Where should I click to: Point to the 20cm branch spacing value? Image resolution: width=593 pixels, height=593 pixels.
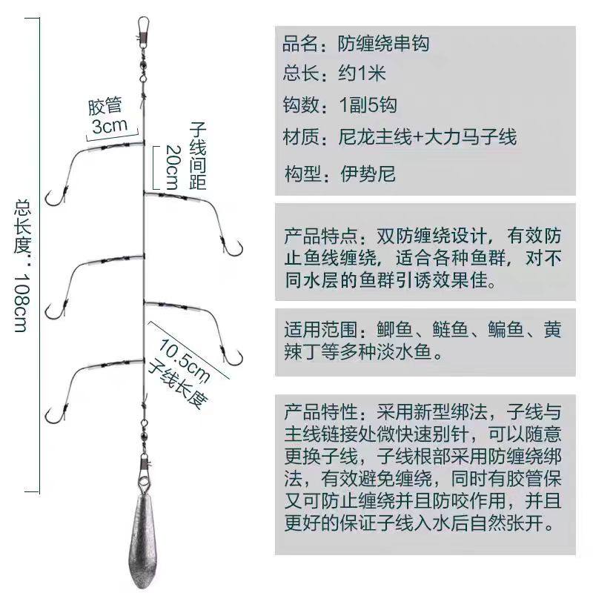172,167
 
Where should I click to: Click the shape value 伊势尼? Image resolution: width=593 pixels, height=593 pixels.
368,174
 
